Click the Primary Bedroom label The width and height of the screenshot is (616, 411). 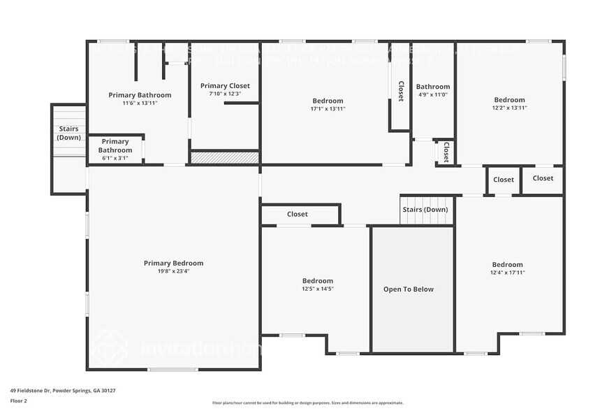pyautogui.click(x=173, y=263)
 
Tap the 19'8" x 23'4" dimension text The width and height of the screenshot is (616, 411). pyautogui.click(x=173, y=271)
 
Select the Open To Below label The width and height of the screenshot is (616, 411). pyautogui.click(x=409, y=289)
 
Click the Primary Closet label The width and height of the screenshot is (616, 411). pyautogui.click(x=225, y=86)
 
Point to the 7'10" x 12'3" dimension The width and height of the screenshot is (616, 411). pyautogui.click(x=225, y=94)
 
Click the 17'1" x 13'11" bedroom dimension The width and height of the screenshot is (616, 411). pyautogui.click(x=328, y=108)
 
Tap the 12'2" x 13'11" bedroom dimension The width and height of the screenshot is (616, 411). pyautogui.click(x=509, y=108)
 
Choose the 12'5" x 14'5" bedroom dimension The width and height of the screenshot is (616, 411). pyautogui.click(x=318, y=289)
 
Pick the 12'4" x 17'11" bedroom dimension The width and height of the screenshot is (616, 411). pyautogui.click(x=507, y=273)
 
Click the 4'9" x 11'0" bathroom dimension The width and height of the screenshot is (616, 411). pyautogui.click(x=433, y=94)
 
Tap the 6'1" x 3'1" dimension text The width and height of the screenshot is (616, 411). pyautogui.click(x=115, y=158)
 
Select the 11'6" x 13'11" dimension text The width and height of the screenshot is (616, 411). pyautogui.click(x=140, y=103)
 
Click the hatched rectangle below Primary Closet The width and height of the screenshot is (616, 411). pyautogui.click(x=225, y=158)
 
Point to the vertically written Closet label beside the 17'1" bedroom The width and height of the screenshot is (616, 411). pyautogui.click(x=401, y=92)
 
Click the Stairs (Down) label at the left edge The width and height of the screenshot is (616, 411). pyautogui.click(x=68, y=133)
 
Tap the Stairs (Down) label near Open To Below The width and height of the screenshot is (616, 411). pyautogui.click(x=425, y=209)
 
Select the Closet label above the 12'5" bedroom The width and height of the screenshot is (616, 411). pyautogui.click(x=297, y=214)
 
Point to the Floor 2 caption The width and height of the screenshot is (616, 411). pyautogui.click(x=18, y=401)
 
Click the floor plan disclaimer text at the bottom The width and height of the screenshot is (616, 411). pyautogui.click(x=307, y=403)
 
